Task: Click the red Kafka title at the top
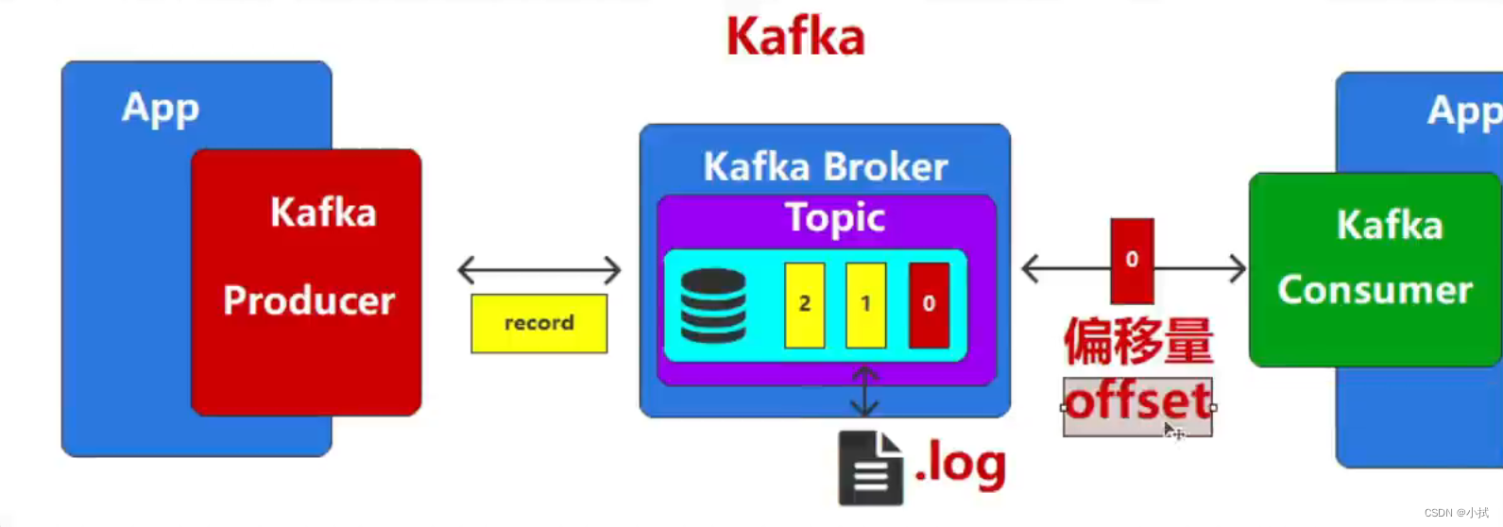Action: click(794, 38)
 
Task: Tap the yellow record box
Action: click(538, 323)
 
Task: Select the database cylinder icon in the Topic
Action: click(713, 305)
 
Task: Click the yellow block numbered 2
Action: click(804, 304)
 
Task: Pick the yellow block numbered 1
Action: click(865, 304)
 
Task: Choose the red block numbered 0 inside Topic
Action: click(929, 304)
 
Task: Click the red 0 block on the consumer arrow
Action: click(1132, 260)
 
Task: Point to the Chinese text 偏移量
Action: click(1138, 341)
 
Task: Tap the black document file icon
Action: click(869, 468)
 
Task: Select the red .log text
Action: click(961, 464)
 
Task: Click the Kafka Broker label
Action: click(825, 167)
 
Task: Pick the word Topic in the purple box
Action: click(835, 218)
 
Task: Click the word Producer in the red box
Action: click(309, 301)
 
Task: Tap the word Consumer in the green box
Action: click(1375, 290)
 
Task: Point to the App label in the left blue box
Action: click(161, 109)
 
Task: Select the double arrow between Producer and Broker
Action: click(538, 270)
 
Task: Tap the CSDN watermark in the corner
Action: click(1456, 513)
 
